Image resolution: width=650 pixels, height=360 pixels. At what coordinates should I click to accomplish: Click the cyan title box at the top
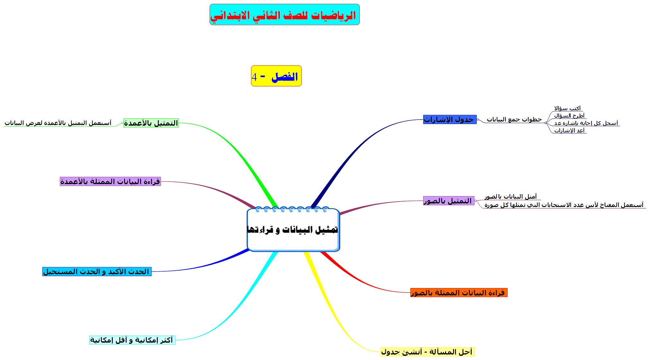[284, 14]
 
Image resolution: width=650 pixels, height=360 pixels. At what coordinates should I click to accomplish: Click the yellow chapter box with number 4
[276, 76]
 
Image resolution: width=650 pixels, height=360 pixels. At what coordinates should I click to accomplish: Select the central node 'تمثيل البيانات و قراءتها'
[293, 230]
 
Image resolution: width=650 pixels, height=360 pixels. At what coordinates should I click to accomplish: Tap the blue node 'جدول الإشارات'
[450, 120]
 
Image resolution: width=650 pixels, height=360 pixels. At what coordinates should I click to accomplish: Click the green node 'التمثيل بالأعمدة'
[151, 123]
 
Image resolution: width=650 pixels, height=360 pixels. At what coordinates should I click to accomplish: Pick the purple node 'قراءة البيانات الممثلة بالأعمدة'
[110, 182]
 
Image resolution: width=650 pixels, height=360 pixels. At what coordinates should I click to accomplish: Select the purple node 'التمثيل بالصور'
[449, 201]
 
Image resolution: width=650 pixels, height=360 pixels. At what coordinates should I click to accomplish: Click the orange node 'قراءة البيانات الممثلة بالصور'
[459, 293]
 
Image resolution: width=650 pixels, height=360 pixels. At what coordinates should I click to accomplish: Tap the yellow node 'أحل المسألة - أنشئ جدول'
[427, 352]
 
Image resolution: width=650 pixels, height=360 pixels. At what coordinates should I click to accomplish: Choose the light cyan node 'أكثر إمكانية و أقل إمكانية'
[132, 340]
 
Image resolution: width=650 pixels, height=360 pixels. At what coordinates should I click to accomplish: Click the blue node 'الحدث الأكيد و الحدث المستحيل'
[97, 272]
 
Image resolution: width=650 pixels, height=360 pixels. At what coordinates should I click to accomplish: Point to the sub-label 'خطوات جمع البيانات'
[514, 119]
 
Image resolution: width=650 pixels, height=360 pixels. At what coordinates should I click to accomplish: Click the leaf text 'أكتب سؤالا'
[567, 108]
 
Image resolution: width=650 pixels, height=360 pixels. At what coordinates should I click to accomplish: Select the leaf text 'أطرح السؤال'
[569, 116]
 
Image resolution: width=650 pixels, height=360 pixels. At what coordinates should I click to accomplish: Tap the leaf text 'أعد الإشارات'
[569, 130]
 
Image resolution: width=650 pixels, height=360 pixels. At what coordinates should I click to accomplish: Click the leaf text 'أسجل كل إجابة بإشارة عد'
[586, 123]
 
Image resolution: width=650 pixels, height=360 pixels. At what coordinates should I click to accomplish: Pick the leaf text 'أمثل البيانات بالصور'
[511, 196]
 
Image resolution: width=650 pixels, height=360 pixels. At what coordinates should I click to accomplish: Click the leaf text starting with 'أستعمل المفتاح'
[564, 205]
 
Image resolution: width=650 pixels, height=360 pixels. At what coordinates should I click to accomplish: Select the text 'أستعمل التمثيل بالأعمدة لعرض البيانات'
[58, 123]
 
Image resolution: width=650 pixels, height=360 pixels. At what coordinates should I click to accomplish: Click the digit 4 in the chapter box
[254, 77]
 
